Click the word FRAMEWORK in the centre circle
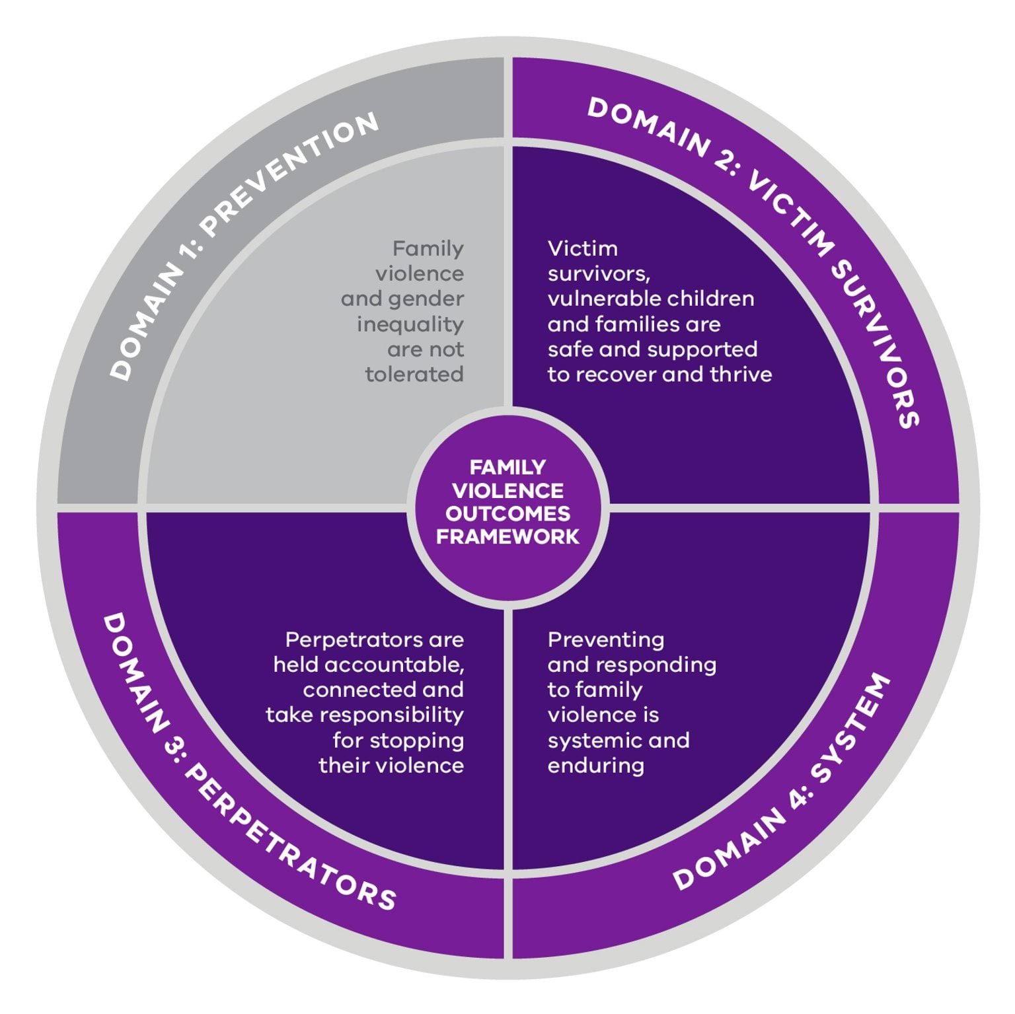click(507, 536)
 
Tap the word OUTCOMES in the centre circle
click(507, 513)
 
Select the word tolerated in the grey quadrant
click(414, 375)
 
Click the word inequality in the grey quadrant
click(410, 324)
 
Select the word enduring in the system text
click(595, 766)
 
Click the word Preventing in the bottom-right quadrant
click(606, 639)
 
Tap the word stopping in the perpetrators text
click(417, 741)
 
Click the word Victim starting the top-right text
click(582, 248)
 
